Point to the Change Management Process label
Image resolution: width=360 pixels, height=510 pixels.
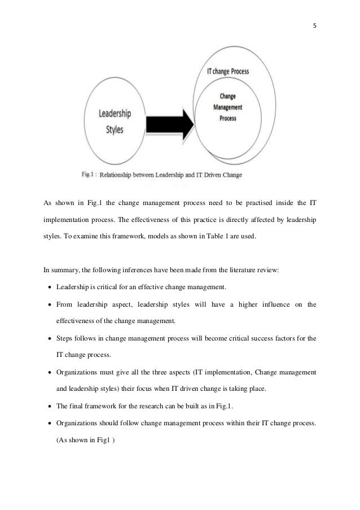pos(229,106)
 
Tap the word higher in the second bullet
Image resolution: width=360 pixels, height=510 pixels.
pos(242,306)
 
